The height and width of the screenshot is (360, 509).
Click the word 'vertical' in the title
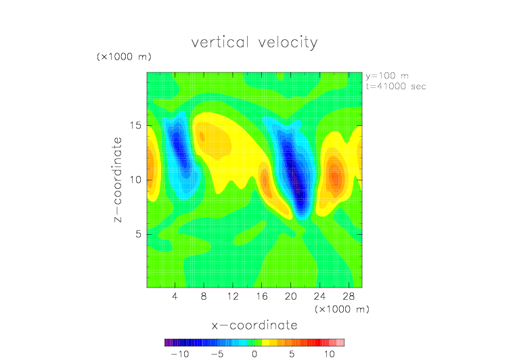pyautogui.click(x=221, y=43)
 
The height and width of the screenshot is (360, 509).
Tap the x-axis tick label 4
pyautogui.click(x=175, y=296)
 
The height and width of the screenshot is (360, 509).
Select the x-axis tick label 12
pyautogui.click(x=233, y=296)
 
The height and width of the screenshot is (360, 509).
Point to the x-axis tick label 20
pyautogui.click(x=290, y=296)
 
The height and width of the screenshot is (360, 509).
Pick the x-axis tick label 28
pyautogui.click(x=349, y=296)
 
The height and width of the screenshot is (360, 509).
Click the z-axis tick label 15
pyautogui.click(x=135, y=125)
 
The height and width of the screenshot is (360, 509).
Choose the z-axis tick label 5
pyautogui.click(x=138, y=234)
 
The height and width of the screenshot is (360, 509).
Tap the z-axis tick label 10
pyautogui.click(x=135, y=180)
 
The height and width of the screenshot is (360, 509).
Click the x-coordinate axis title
pyautogui.click(x=255, y=325)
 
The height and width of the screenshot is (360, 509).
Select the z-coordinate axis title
pyautogui.click(x=118, y=179)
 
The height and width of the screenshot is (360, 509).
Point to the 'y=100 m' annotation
pyautogui.click(x=387, y=76)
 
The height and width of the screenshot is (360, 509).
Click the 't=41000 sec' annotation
pyautogui.click(x=396, y=87)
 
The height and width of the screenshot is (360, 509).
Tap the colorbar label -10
pyautogui.click(x=180, y=354)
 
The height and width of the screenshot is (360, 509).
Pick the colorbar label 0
pyautogui.click(x=255, y=354)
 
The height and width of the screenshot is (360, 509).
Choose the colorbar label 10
pyautogui.click(x=329, y=354)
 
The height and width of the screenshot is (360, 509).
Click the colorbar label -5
pyautogui.click(x=217, y=354)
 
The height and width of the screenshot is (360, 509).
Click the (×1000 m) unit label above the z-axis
pyautogui.click(x=124, y=57)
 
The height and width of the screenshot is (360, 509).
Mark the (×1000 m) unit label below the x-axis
pyautogui.click(x=342, y=309)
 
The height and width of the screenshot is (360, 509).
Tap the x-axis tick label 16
pyautogui.click(x=262, y=296)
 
